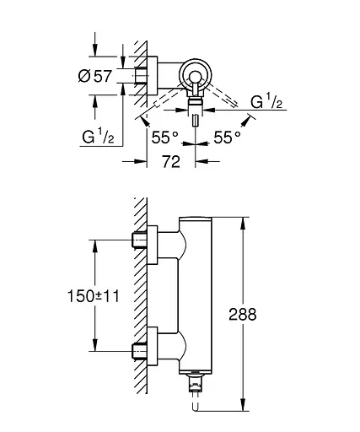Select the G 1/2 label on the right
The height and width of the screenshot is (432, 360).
(x=268, y=102)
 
